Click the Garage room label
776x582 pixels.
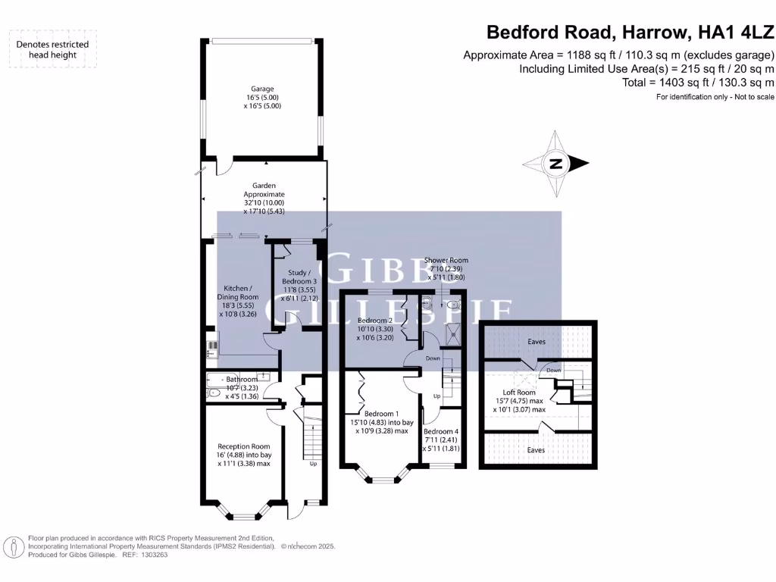263,89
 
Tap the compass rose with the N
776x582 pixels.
556,164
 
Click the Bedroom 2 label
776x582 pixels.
374,321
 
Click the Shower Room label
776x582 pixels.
446,260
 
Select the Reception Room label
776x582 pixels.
244,446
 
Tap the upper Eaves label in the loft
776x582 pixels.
536,343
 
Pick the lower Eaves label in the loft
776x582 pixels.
536,450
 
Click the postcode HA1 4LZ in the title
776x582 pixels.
734,33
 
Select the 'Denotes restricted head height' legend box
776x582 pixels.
53,49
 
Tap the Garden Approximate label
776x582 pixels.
263,186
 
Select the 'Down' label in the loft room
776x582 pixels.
554,371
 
